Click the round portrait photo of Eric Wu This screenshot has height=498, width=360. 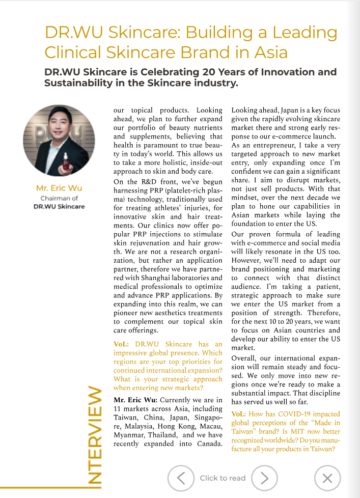[59, 141]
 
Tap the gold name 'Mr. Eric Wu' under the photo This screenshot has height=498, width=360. [59, 188]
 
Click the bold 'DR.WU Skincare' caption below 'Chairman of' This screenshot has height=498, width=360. [59, 206]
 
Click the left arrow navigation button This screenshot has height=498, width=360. [181, 478]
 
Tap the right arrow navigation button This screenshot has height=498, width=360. [264, 478]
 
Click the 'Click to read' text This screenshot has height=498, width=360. [223, 478]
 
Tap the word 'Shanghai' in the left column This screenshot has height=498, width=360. [157, 278]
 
